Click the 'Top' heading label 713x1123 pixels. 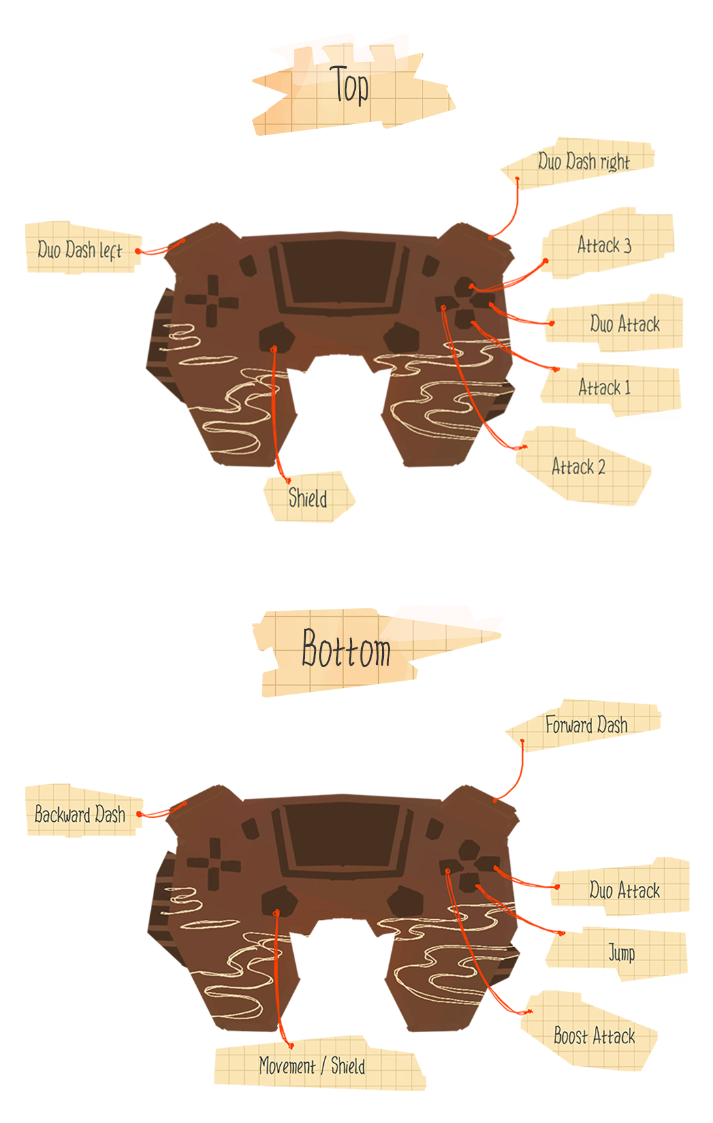(350, 86)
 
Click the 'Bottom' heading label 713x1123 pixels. (346, 649)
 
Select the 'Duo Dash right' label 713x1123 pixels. (584, 161)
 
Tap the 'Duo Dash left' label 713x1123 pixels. (80, 250)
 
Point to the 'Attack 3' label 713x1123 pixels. (604, 245)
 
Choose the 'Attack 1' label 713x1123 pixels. (605, 387)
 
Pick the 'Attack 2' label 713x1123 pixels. (578, 466)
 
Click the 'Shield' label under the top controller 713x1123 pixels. (308, 498)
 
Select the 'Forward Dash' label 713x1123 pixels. (586, 724)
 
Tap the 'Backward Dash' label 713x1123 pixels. (80, 814)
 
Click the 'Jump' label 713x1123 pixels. (622, 952)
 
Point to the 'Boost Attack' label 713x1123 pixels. (594, 1035)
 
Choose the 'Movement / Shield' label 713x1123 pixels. (312, 1066)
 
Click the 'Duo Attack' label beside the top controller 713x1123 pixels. (624, 324)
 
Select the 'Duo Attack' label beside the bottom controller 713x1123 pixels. (624, 890)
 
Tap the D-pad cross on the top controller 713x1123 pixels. (212, 301)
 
